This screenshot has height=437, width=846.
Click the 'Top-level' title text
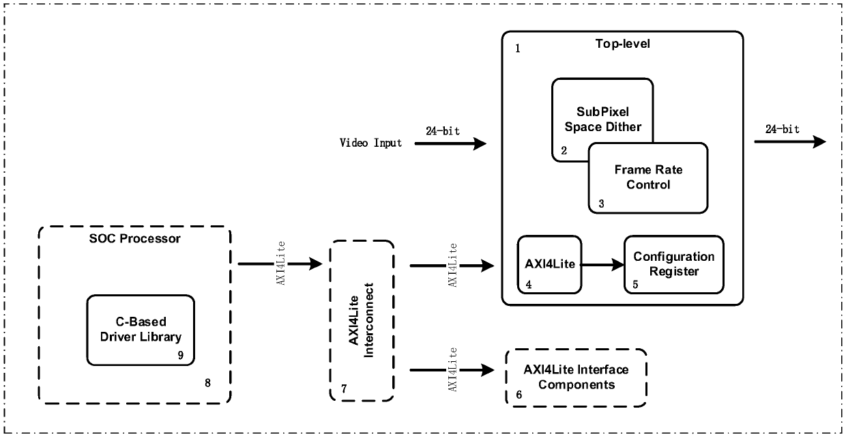click(x=622, y=44)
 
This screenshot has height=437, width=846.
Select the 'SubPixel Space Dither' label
click(x=603, y=119)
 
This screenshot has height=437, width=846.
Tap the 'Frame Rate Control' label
click(x=648, y=177)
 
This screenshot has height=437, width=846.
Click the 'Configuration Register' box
click(x=674, y=265)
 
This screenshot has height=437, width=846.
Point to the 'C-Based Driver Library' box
click(x=141, y=330)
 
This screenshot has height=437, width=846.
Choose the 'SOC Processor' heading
click(x=135, y=238)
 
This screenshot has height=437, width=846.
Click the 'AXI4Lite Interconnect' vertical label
click(x=361, y=320)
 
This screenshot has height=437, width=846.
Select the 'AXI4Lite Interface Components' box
click(x=576, y=378)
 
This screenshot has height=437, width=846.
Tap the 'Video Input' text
click(x=370, y=143)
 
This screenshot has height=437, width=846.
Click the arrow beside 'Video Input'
click(x=450, y=143)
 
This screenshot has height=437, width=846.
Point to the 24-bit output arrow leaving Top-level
click(x=790, y=142)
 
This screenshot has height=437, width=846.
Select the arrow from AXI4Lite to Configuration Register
click(x=602, y=265)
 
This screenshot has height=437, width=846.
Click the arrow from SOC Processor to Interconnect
click(x=280, y=264)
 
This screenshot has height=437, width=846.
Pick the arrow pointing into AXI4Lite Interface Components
click(x=452, y=369)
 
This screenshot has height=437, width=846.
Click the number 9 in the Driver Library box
click(x=181, y=355)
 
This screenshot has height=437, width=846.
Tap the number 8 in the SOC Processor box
click(x=207, y=383)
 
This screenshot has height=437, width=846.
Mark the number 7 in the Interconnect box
click(x=344, y=389)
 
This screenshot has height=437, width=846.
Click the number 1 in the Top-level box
click(x=518, y=48)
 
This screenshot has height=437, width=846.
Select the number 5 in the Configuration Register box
click(x=635, y=284)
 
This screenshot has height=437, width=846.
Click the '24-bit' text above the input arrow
click(x=443, y=131)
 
